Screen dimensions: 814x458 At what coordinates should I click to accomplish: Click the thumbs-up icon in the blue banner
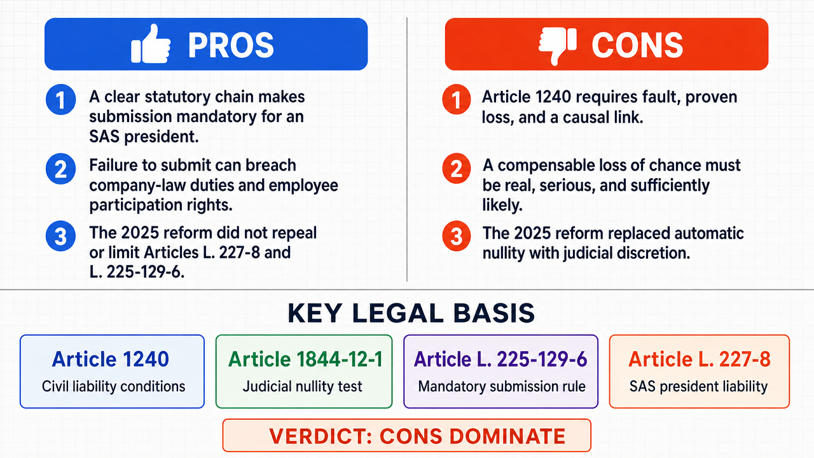tap(151, 44)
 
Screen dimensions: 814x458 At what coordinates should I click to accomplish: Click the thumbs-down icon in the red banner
tap(558, 45)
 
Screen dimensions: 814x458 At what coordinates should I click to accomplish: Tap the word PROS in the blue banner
tap(231, 45)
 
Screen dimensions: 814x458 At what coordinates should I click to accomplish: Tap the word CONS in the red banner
tap(637, 45)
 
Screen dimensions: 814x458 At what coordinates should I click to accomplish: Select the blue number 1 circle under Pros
tap(60, 100)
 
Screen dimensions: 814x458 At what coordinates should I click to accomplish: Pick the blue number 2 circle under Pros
tap(60, 169)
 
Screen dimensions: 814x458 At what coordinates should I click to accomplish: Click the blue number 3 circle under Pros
tap(60, 236)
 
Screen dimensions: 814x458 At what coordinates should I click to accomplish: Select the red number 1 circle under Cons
tap(457, 100)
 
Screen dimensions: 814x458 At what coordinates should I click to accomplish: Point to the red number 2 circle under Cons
tap(457, 169)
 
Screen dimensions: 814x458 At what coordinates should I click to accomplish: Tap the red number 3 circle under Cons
tap(457, 236)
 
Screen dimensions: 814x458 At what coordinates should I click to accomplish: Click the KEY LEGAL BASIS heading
tap(411, 313)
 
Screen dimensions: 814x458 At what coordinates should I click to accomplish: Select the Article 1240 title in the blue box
tap(111, 359)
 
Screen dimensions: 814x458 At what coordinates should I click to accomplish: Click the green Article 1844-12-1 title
tap(305, 359)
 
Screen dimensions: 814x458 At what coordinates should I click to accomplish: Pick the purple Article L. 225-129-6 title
tap(500, 359)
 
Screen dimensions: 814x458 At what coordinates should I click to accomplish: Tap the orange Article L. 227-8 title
tap(700, 359)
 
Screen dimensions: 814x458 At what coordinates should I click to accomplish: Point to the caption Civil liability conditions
tap(113, 386)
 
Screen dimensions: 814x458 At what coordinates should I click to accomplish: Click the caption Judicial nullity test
tap(302, 386)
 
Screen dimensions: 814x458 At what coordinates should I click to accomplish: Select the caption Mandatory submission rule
tap(502, 386)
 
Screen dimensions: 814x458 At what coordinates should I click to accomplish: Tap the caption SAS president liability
tap(698, 386)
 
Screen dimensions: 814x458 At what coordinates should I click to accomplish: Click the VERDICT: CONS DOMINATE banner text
tap(417, 436)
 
